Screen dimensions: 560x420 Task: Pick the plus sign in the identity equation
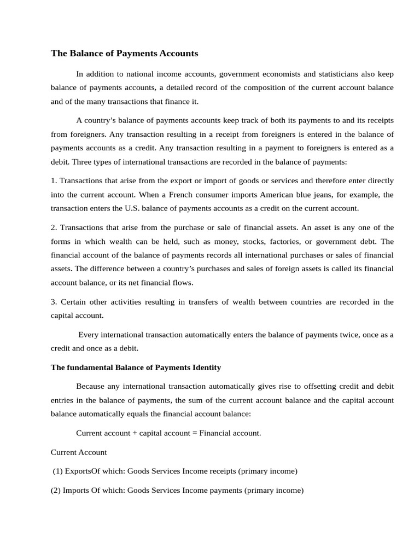click(x=135, y=433)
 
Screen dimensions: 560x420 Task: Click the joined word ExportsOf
click(x=83, y=471)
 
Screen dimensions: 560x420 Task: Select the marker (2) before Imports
click(x=56, y=490)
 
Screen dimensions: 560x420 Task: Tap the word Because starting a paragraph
click(x=91, y=386)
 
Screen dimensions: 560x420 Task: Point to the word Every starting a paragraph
click(x=89, y=335)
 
